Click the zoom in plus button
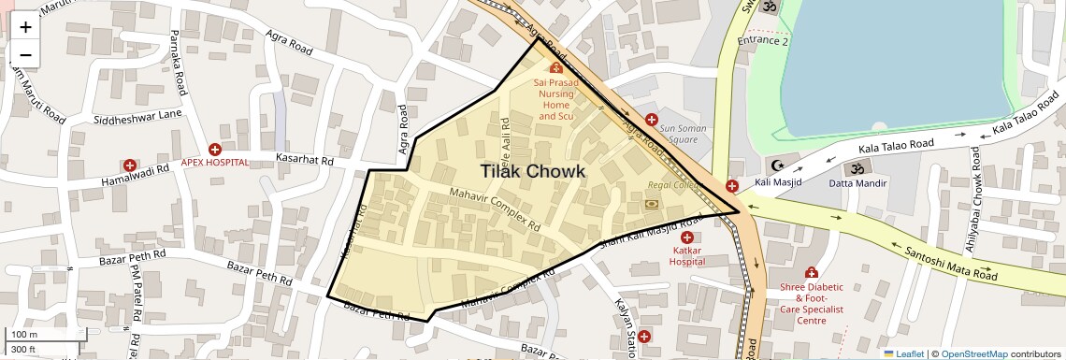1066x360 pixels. tap(25, 26)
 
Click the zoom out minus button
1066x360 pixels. tap(25, 55)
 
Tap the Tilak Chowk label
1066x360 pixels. tap(533, 172)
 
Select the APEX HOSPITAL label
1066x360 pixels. tap(215, 162)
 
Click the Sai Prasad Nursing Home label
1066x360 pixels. tap(555, 99)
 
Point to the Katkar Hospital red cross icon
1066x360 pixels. tap(686, 238)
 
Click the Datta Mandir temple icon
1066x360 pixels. tap(853, 168)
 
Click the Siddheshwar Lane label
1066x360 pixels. tap(137, 118)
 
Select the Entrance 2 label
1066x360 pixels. tap(763, 41)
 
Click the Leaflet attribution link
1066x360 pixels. tap(902, 354)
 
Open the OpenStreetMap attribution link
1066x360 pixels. tap(973, 354)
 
